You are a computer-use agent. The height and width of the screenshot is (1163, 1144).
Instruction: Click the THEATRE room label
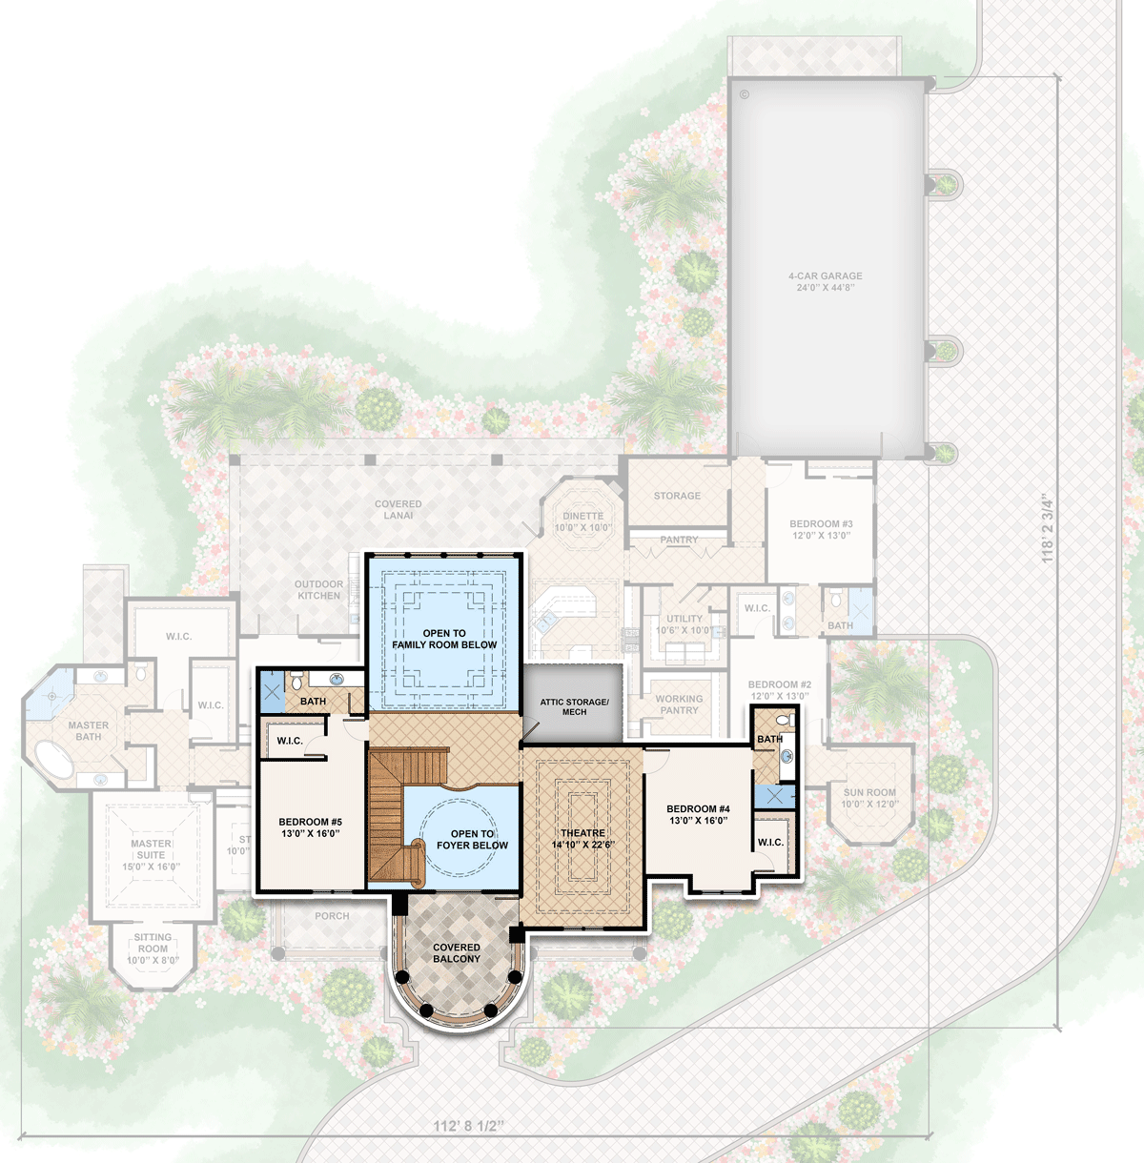(x=582, y=838)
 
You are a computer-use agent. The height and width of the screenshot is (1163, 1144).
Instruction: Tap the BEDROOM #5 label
(x=310, y=827)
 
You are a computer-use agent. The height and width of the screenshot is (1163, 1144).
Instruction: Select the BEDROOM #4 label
(x=698, y=815)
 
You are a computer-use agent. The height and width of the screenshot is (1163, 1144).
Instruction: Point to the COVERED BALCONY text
(x=457, y=953)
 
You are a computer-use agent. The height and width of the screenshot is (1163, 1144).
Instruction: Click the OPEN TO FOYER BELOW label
(x=472, y=839)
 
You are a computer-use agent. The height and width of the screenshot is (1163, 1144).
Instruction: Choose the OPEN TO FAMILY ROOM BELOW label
(x=444, y=639)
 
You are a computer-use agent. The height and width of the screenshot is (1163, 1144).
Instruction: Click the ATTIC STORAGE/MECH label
(x=574, y=706)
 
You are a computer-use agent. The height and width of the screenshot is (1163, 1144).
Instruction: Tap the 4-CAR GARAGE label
(x=825, y=281)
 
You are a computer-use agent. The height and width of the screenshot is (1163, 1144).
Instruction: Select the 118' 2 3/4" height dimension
(x=1048, y=528)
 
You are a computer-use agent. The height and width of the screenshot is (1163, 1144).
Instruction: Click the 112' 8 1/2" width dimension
(x=468, y=1126)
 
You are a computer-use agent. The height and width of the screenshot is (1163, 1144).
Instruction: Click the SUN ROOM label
(x=869, y=798)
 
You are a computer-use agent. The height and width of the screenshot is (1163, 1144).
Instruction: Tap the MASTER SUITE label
(x=151, y=855)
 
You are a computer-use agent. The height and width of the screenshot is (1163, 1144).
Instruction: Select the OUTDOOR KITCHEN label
(x=318, y=590)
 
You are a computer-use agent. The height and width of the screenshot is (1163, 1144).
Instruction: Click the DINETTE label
(x=582, y=521)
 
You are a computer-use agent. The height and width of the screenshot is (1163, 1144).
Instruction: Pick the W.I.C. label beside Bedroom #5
(x=290, y=741)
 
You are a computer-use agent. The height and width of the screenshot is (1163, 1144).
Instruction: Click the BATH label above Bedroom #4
(x=769, y=739)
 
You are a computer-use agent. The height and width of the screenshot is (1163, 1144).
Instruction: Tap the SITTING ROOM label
(x=153, y=949)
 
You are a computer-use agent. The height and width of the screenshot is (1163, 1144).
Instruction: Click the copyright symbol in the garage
(x=745, y=94)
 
